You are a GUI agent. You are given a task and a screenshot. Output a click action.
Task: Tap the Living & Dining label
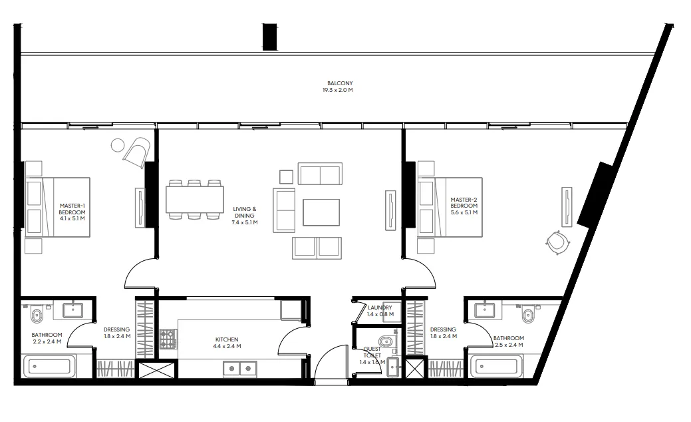point(245,216)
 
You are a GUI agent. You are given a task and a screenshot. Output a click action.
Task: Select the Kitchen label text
point(227,343)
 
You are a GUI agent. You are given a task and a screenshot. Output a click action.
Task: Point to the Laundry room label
point(380,310)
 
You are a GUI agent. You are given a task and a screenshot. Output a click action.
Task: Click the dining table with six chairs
point(195,199)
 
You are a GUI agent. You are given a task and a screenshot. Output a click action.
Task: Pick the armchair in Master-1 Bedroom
point(137,151)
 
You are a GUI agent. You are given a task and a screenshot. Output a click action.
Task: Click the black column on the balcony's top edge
point(269,36)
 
